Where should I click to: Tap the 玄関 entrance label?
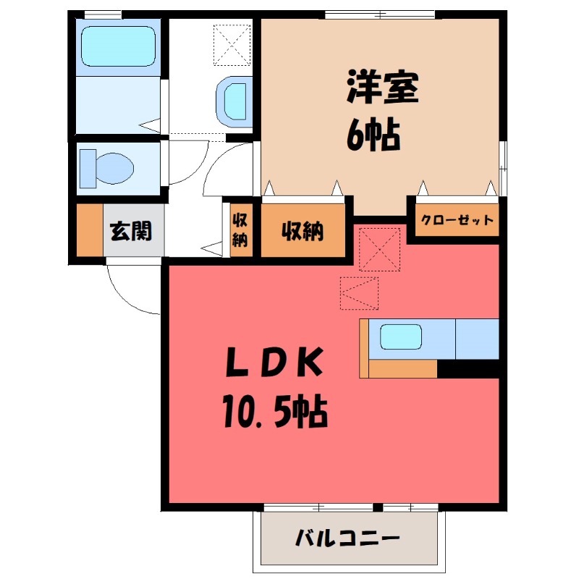131,231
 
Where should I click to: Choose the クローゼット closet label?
457,221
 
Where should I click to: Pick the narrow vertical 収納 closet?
240,229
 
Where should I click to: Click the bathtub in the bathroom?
117,46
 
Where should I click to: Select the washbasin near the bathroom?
234,100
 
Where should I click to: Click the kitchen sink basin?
401,337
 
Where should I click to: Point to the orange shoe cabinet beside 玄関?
89,230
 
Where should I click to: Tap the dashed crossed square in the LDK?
379,250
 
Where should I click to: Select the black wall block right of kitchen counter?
469,368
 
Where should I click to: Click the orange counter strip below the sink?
402,368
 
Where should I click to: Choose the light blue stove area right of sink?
477,338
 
